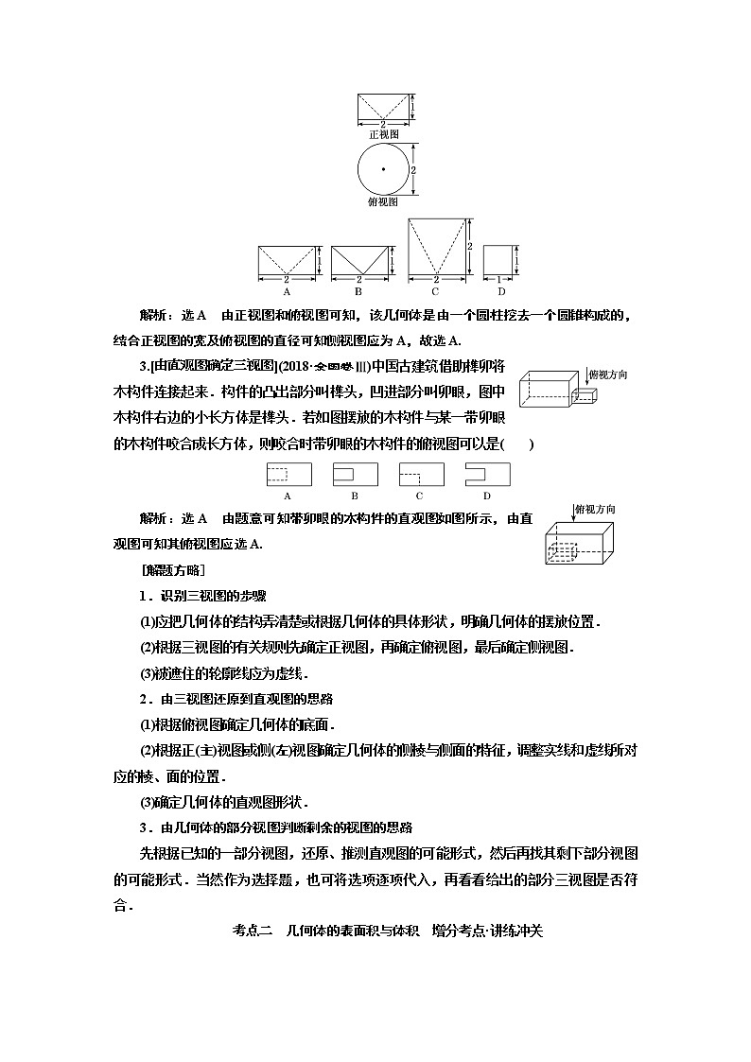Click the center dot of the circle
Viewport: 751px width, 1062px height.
[383, 169]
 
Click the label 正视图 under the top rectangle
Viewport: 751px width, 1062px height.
[382, 134]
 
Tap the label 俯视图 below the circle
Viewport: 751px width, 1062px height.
[382, 201]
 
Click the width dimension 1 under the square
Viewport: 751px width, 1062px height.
[499, 281]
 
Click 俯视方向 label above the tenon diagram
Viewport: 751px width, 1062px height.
[608, 375]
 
